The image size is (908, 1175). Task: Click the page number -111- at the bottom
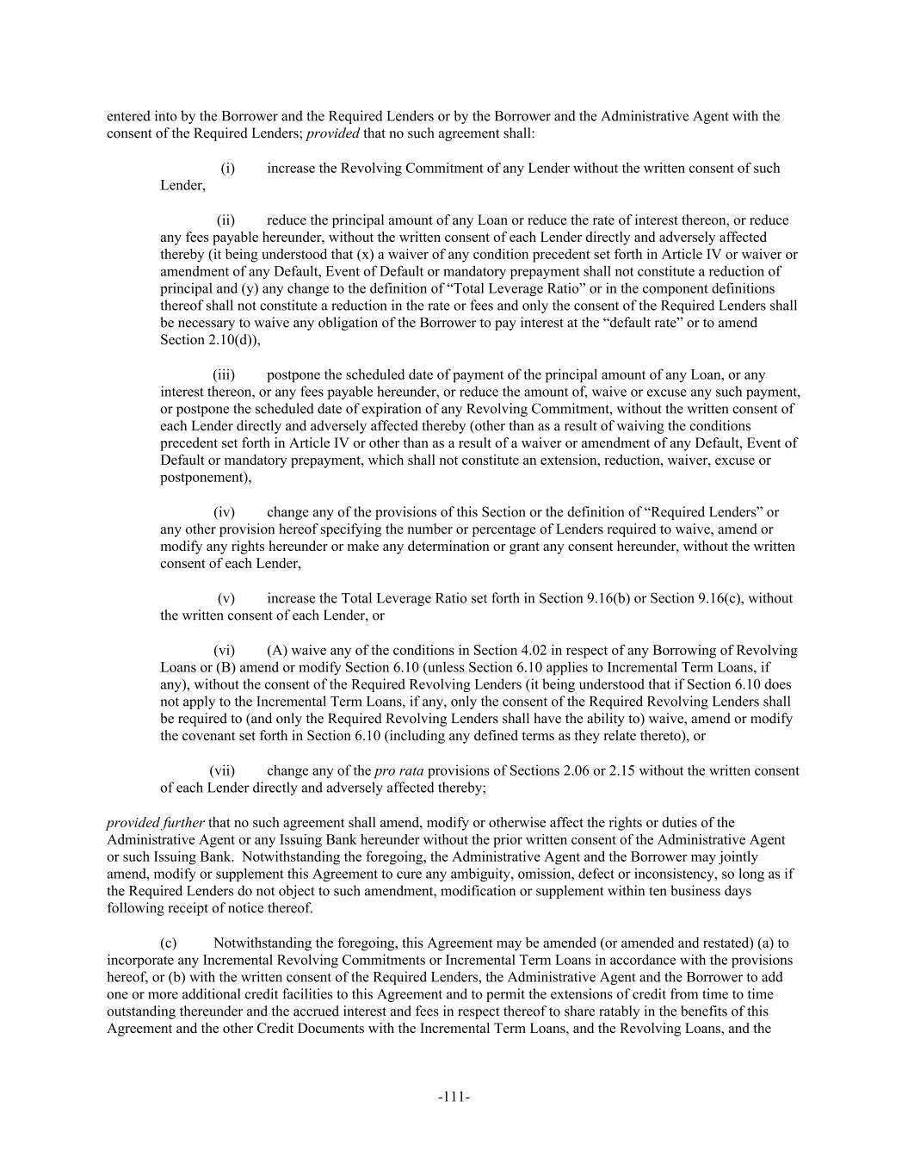tap(454, 1097)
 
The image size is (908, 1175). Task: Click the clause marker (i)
tap(228, 168)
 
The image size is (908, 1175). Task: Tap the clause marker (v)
tap(226, 598)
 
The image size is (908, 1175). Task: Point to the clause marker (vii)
tap(222, 770)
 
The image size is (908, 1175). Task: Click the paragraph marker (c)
tap(169, 943)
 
